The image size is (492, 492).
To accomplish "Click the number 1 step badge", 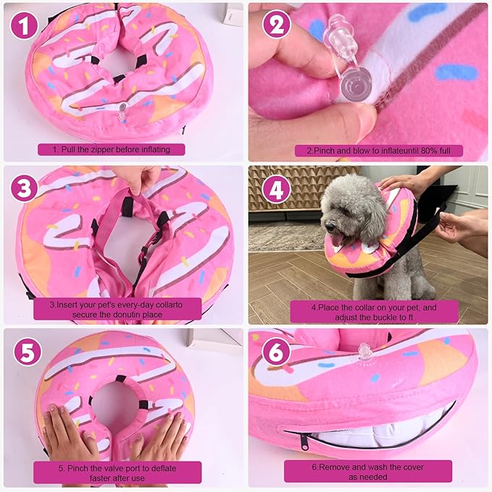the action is coord(24,26).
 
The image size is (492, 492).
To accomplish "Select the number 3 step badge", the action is coord(24,188).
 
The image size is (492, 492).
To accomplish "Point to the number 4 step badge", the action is coord(277,189).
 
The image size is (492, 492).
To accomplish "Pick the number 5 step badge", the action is coord(28,351).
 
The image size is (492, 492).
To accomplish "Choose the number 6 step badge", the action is coord(276,351).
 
